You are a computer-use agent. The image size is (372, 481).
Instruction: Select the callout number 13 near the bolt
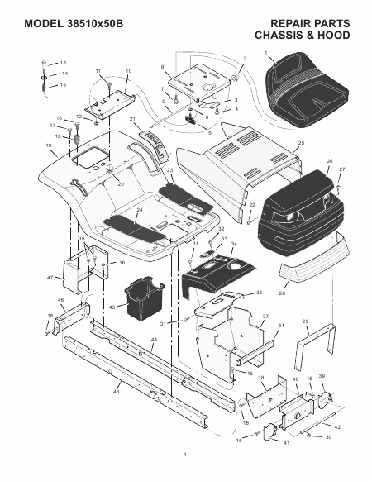[63, 63]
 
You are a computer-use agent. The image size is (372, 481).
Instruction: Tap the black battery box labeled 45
[143, 296]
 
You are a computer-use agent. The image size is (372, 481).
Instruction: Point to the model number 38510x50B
[94, 24]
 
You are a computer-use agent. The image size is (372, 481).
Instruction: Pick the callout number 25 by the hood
[301, 143]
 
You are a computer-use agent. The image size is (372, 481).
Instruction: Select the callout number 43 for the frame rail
[116, 392]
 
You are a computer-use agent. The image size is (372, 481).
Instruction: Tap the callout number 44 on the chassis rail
[154, 340]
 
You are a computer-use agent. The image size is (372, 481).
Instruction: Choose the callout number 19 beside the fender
[49, 145]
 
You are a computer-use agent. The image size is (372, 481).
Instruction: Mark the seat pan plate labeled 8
[199, 82]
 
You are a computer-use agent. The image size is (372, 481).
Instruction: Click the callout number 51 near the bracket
[281, 326]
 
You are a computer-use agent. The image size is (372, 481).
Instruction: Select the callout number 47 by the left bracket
[50, 278]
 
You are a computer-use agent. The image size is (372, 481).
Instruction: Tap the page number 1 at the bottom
[185, 455]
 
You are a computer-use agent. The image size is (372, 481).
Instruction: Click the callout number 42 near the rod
[337, 427]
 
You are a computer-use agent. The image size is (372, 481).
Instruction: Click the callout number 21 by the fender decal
[132, 119]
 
